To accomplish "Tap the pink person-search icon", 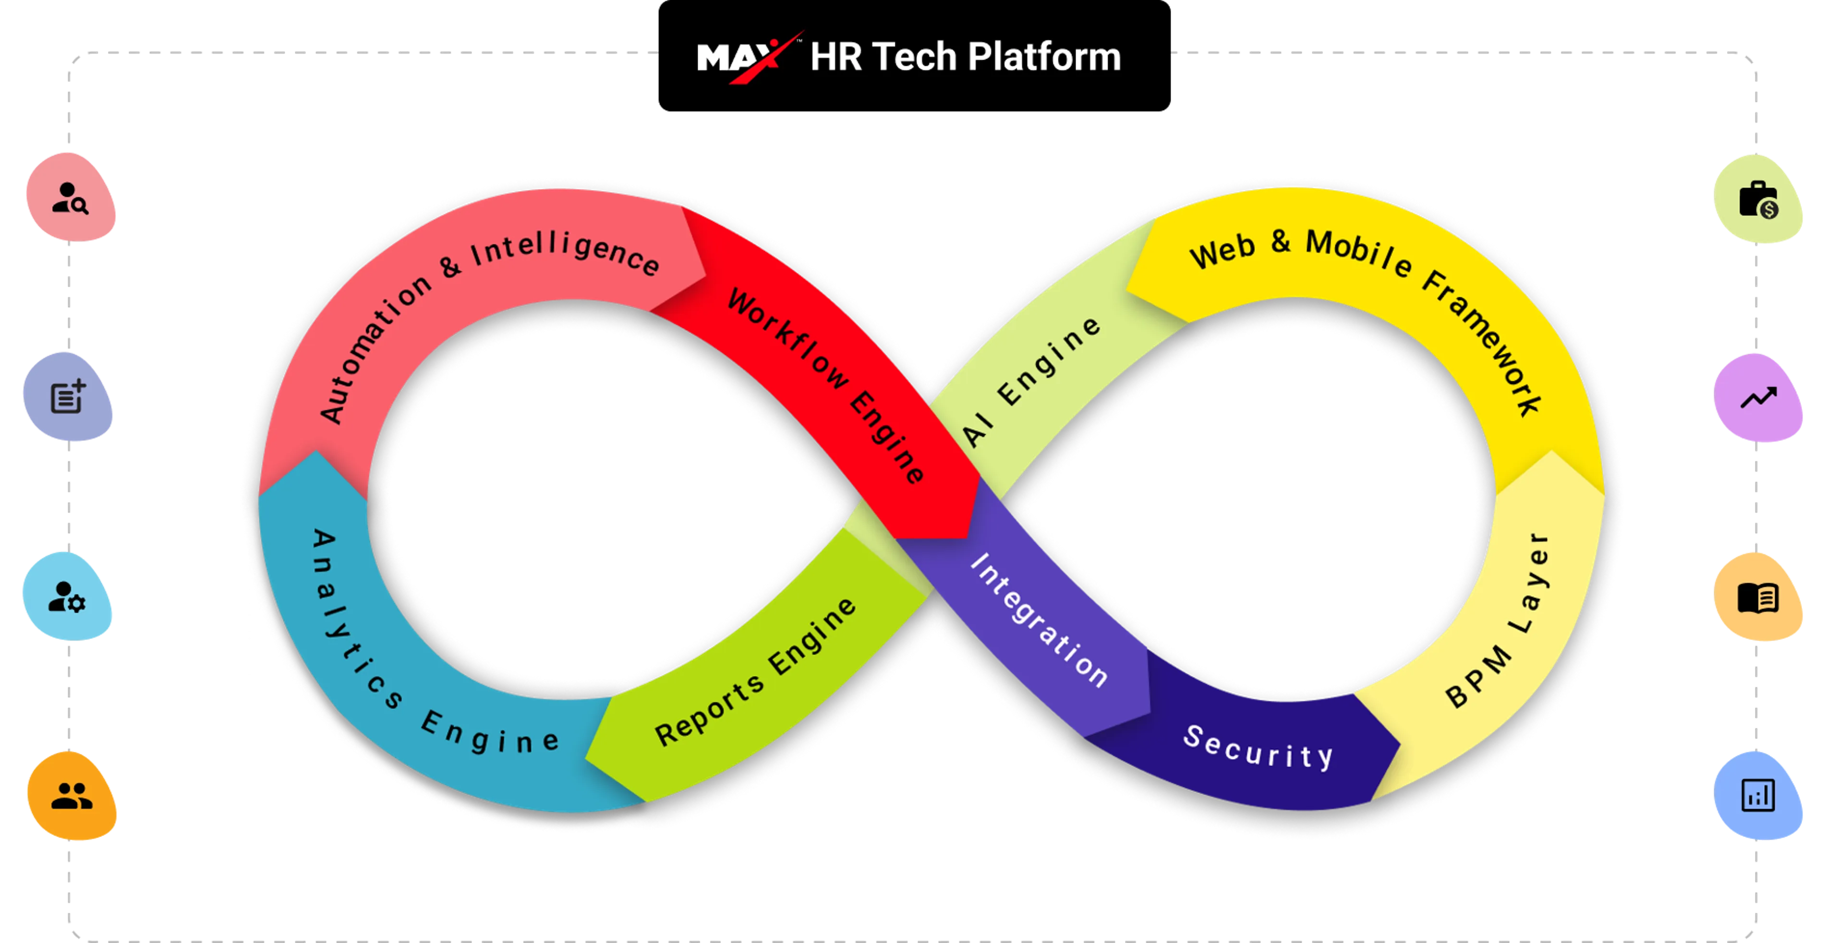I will point(70,198).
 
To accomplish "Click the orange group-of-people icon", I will point(72,796).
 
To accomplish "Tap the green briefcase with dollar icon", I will point(1759,200).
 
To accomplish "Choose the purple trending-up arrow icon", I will point(1759,398).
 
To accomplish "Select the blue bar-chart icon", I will point(1759,796).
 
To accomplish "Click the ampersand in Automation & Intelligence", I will point(451,266).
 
